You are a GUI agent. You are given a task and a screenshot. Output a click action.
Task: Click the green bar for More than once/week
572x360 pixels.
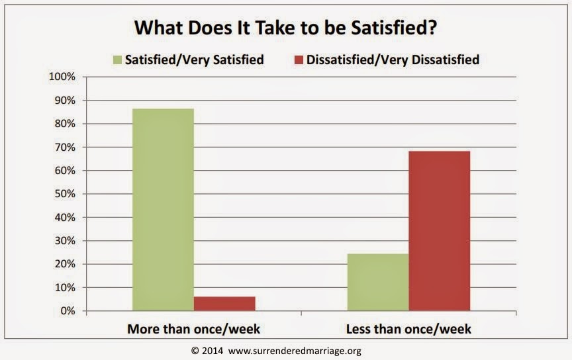tap(163, 209)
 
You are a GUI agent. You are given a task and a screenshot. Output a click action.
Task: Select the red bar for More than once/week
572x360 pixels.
tap(224, 303)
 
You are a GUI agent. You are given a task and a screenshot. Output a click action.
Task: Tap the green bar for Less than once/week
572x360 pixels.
tap(378, 282)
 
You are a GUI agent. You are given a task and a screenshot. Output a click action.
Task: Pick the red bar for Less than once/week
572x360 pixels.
tap(440, 230)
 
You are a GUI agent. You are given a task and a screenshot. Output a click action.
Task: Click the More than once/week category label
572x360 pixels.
tap(194, 328)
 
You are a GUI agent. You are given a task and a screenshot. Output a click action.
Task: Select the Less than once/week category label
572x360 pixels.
tap(408, 328)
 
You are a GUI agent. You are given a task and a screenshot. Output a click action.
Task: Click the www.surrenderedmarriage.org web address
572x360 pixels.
tap(295, 351)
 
